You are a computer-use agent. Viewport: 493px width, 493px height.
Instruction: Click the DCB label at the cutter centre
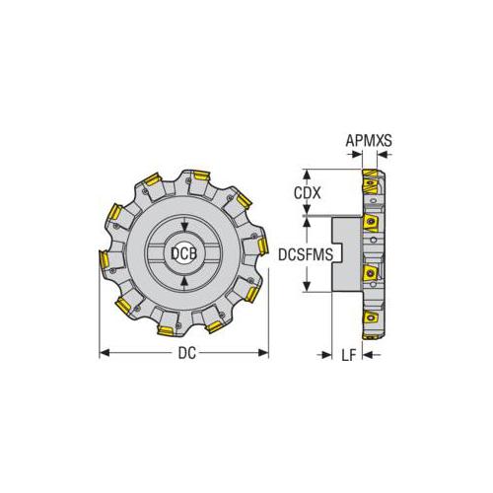pyautogui.click(x=182, y=253)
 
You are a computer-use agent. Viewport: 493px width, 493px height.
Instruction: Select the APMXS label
pyautogui.click(x=369, y=141)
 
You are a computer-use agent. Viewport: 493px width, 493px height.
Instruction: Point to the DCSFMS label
pyautogui.click(x=309, y=254)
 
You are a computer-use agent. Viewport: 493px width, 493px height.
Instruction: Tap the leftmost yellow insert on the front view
pyautogui.click(x=104, y=259)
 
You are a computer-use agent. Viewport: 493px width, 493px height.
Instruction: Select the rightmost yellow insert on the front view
pyautogui.click(x=262, y=246)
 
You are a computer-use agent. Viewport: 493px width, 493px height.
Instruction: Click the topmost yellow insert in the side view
pyautogui.click(x=371, y=181)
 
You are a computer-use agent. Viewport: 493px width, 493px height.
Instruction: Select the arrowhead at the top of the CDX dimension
pyautogui.click(x=313, y=171)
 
